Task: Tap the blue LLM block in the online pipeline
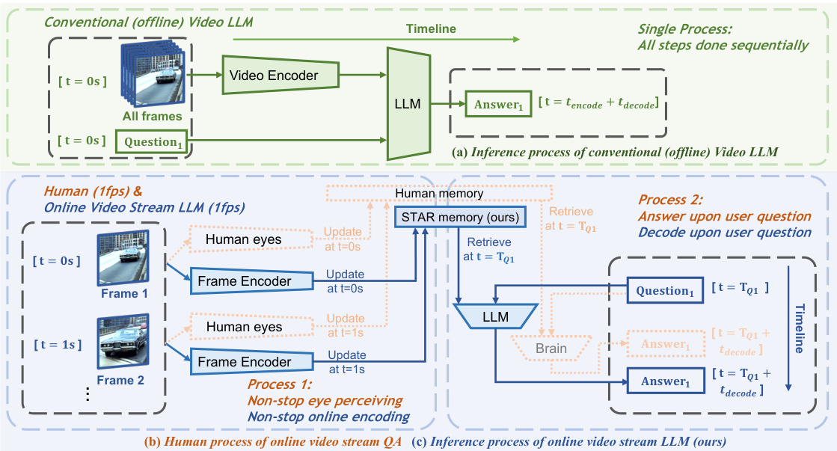[496, 317]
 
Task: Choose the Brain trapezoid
[552, 349]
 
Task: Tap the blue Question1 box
[666, 290]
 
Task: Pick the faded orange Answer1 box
[666, 343]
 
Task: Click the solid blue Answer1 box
[666, 381]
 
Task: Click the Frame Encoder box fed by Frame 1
[251, 280]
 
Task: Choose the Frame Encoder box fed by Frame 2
[251, 361]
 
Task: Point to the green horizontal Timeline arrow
[374, 40]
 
